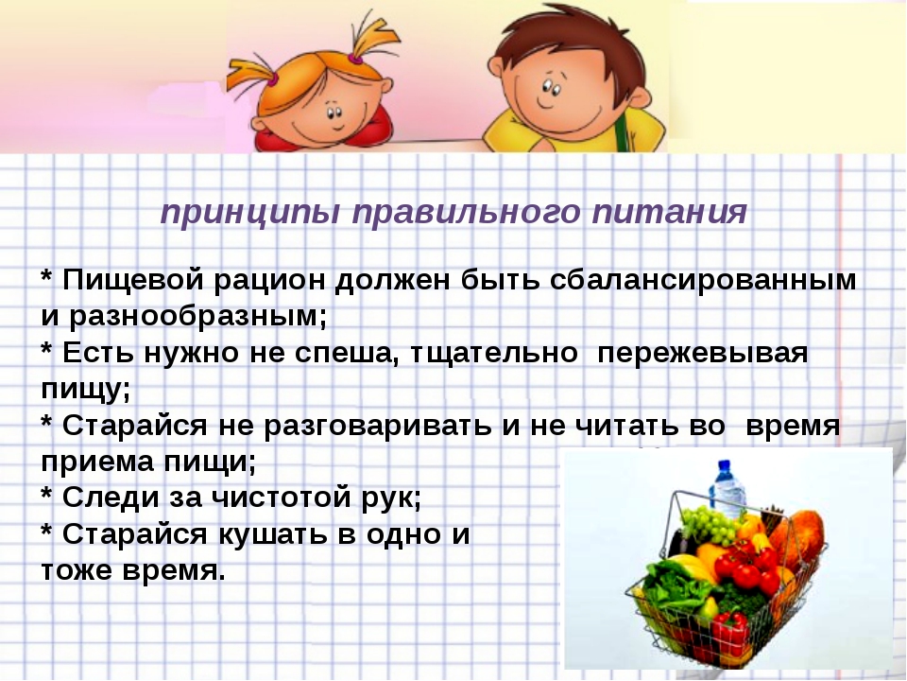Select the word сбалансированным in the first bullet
tap(703, 280)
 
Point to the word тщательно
tap(494, 353)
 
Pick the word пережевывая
tap(702, 353)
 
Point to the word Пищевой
tap(133, 280)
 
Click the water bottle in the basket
tap(727, 486)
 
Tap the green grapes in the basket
tap(710, 524)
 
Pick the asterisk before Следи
tap(47, 494)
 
